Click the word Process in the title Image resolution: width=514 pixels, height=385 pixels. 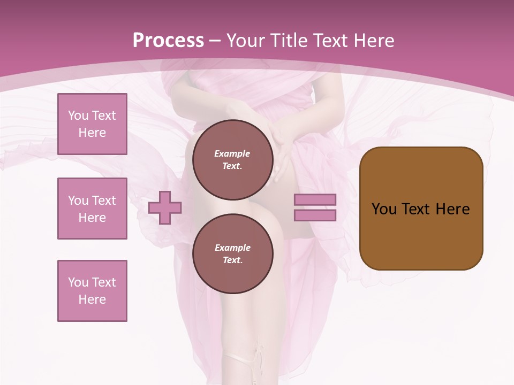click(168, 41)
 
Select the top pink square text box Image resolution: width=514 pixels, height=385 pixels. click(92, 124)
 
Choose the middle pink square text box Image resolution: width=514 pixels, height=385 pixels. click(92, 209)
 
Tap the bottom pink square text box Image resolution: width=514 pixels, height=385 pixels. click(92, 291)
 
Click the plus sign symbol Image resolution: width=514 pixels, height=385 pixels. click(165, 208)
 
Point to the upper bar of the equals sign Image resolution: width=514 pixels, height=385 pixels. click(315, 200)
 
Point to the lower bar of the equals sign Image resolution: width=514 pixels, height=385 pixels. click(315, 215)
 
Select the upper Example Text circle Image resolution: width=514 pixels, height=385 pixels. click(232, 160)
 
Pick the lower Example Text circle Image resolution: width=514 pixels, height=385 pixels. click(232, 254)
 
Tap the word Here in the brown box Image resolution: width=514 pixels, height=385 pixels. click(452, 209)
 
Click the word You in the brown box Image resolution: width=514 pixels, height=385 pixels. click(384, 209)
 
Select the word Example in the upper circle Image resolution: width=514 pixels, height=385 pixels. click(232, 153)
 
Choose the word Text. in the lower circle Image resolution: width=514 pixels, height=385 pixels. click(232, 260)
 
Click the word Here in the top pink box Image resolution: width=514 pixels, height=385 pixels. click(92, 133)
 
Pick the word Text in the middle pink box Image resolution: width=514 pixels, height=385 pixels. click(104, 201)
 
